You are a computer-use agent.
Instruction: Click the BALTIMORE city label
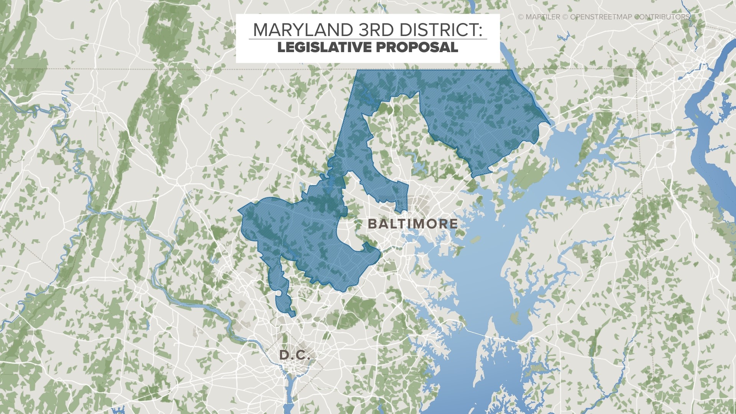pos(412,224)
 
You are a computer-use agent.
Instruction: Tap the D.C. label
pos(294,355)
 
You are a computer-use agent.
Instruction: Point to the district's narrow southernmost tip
pos(293,315)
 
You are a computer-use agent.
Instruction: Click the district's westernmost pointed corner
pos(239,210)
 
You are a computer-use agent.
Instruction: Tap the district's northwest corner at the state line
pos(358,71)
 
